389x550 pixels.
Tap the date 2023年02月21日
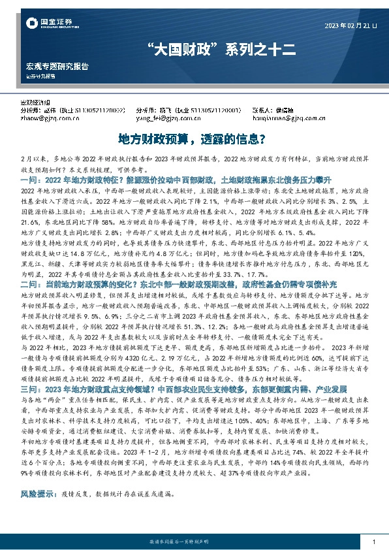[350, 25]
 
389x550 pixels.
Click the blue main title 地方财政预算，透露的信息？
[194, 139]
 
